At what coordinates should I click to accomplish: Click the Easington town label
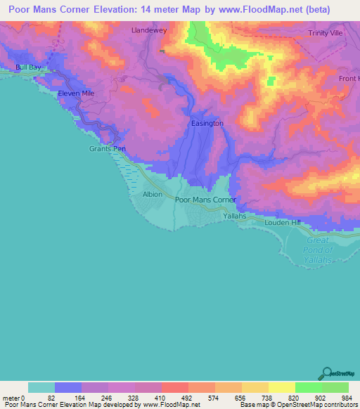[x=207, y=123]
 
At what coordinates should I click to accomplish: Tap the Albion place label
[x=153, y=194]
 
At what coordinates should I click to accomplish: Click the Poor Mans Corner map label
[x=205, y=200]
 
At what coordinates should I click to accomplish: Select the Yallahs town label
[x=233, y=216]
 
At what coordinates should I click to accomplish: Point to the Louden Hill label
[x=282, y=222]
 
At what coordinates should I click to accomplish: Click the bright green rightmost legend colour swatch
[x=335, y=387]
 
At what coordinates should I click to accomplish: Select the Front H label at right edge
[x=349, y=79]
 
